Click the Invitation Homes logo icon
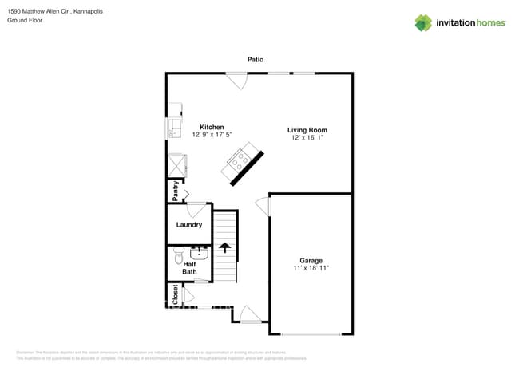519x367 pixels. pos(423,22)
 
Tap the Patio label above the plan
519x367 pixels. pos(255,60)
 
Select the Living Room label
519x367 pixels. pos(307,130)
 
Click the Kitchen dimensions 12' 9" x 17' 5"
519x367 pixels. pos(212,135)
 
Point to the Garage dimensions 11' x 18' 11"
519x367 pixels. pos(311,268)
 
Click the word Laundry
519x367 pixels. pos(189,225)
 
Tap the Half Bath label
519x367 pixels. pos(189,268)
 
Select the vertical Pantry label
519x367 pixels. pos(175,192)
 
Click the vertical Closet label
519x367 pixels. pos(175,294)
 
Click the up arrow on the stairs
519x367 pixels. pos(225,249)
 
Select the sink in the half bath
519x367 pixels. pos(199,254)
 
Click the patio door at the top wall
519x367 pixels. pos(236,80)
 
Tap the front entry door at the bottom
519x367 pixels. pos(250,314)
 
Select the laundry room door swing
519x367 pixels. pos(196,211)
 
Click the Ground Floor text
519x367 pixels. pos(24,21)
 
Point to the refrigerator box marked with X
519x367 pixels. pos(175,165)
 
